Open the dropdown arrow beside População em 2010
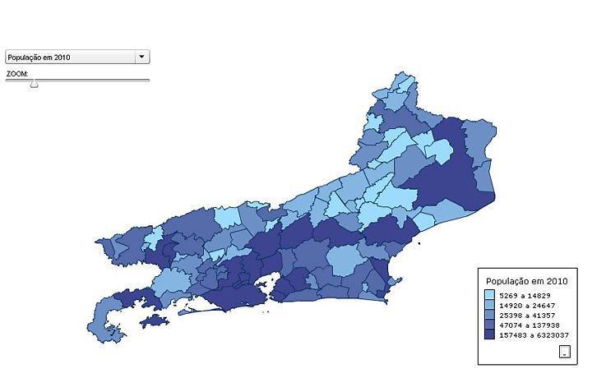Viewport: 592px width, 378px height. tap(142, 57)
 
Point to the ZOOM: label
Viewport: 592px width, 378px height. tap(17, 73)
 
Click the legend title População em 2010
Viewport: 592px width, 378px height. tap(527, 280)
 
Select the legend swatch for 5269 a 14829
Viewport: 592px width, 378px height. tap(489, 294)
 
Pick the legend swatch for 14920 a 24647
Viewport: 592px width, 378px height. tap(489, 305)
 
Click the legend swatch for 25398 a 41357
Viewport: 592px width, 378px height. tap(489, 315)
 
